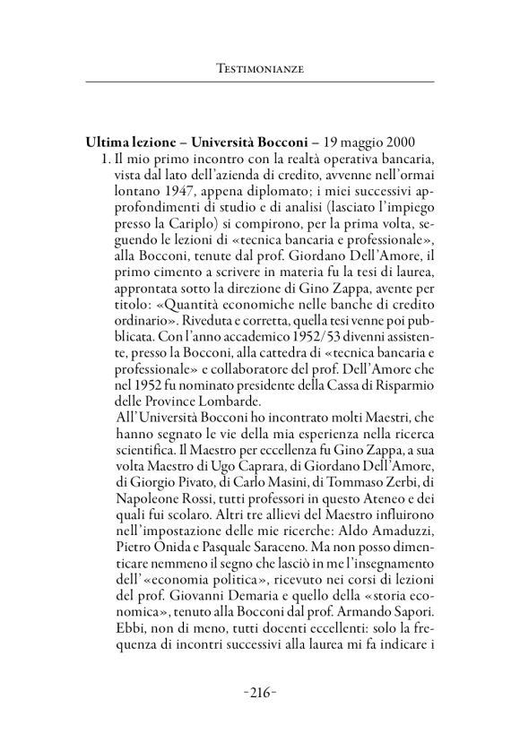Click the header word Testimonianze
(x=259, y=66)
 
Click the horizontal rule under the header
(x=259, y=82)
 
